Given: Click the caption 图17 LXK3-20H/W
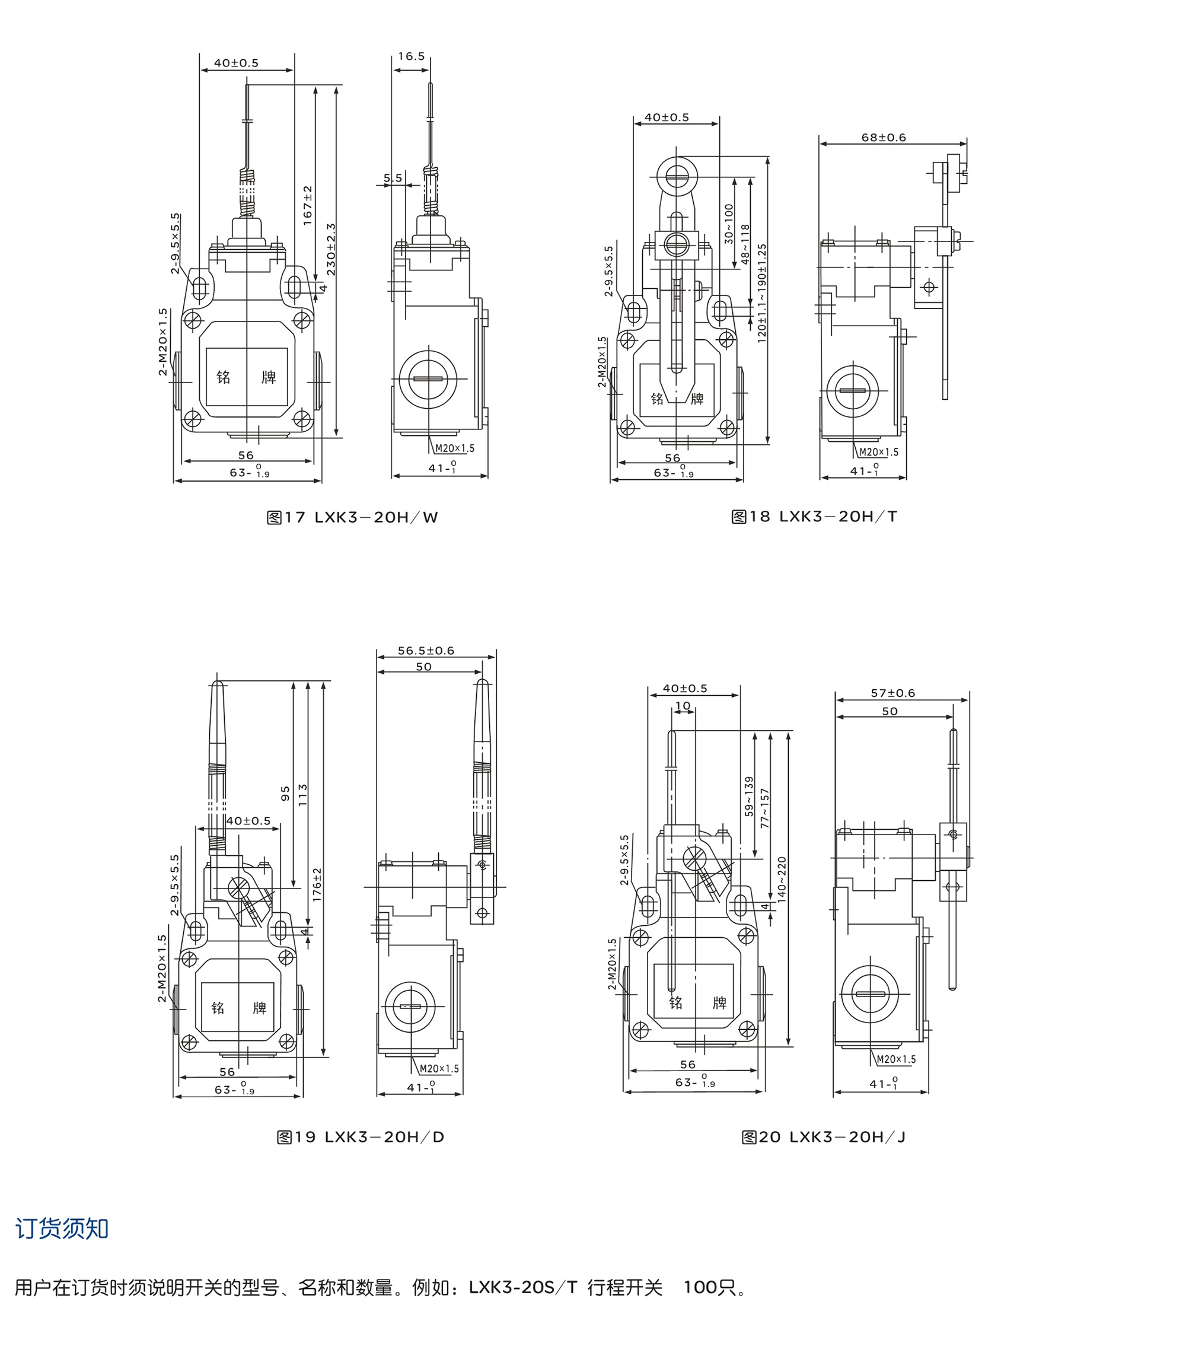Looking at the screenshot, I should click(x=352, y=517).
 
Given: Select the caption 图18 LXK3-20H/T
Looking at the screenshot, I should click(x=814, y=517).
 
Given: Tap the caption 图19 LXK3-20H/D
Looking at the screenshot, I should click(x=360, y=1137).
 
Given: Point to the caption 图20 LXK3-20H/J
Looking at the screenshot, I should click(x=824, y=1137).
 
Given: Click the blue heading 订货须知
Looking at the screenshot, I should click(x=62, y=1228).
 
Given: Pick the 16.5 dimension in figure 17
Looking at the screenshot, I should click(x=411, y=57).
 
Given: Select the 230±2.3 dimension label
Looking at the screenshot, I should click(x=331, y=250).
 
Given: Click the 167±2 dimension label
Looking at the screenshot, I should click(x=308, y=206).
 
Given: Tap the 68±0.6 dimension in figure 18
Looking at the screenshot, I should click(x=884, y=138).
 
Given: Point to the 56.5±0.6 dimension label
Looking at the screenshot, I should click(x=426, y=651).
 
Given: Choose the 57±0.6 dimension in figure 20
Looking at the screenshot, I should click(x=893, y=693).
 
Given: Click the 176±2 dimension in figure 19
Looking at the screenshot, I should click(x=317, y=884).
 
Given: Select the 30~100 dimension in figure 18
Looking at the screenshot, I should click(x=729, y=224).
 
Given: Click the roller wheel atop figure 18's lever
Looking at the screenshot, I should click(x=675, y=176).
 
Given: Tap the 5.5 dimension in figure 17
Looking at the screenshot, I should click(x=393, y=178).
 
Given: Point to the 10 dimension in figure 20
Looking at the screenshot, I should click(x=683, y=706).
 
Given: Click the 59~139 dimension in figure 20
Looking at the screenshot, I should click(x=749, y=797).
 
